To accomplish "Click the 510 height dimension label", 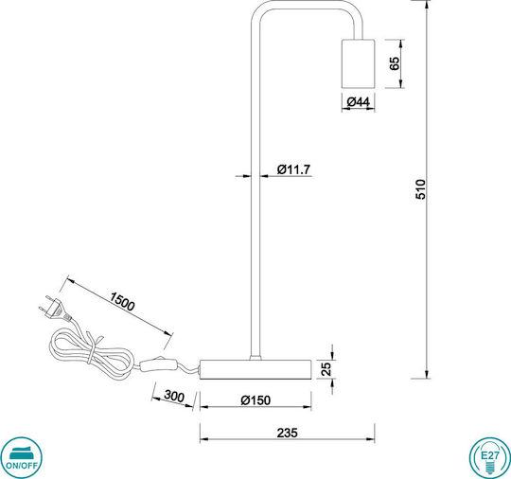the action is pyautogui.click(x=421, y=189).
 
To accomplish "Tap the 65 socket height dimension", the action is pyautogui.click(x=395, y=63).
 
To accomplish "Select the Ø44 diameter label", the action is pyautogui.click(x=359, y=102).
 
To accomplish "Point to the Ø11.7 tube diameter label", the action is pyautogui.click(x=293, y=169).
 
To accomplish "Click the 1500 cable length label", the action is pyautogui.click(x=122, y=302).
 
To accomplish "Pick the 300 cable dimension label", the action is pyautogui.click(x=174, y=396).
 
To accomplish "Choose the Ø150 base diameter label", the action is pyautogui.click(x=255, y=400).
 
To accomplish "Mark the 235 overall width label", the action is pyautogui.click(x=287, y=433).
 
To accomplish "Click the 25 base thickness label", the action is pyautogui.click(x=326, y=369).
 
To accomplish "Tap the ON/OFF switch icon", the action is pyautogui.click(x=21, y=458).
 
